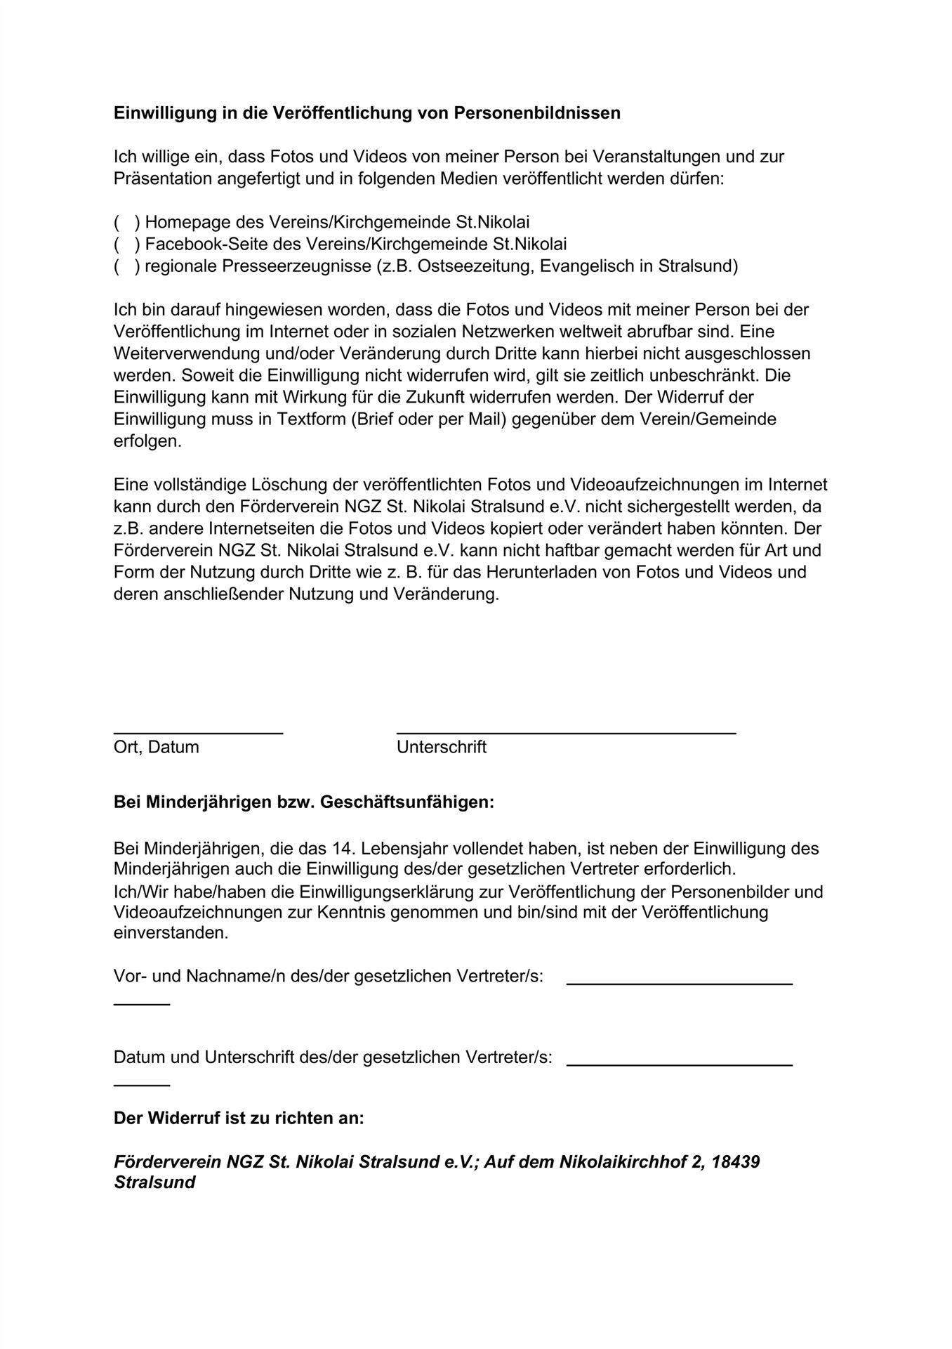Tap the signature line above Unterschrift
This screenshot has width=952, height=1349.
[566, 733]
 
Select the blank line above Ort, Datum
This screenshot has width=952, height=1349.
[198, 733]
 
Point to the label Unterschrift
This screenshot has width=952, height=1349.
[441, 747]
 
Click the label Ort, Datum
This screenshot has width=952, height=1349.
[156, 747]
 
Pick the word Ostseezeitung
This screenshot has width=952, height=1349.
[475, 266]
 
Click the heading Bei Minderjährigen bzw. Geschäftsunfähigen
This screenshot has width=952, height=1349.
[303, 802]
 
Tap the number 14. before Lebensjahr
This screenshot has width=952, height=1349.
[344, 849]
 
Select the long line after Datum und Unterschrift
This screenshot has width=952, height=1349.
[679, 1065]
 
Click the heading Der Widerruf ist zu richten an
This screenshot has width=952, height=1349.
[239, 1118]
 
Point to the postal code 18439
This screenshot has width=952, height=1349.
[735, 1162]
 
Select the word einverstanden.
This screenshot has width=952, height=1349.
[171, 934]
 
